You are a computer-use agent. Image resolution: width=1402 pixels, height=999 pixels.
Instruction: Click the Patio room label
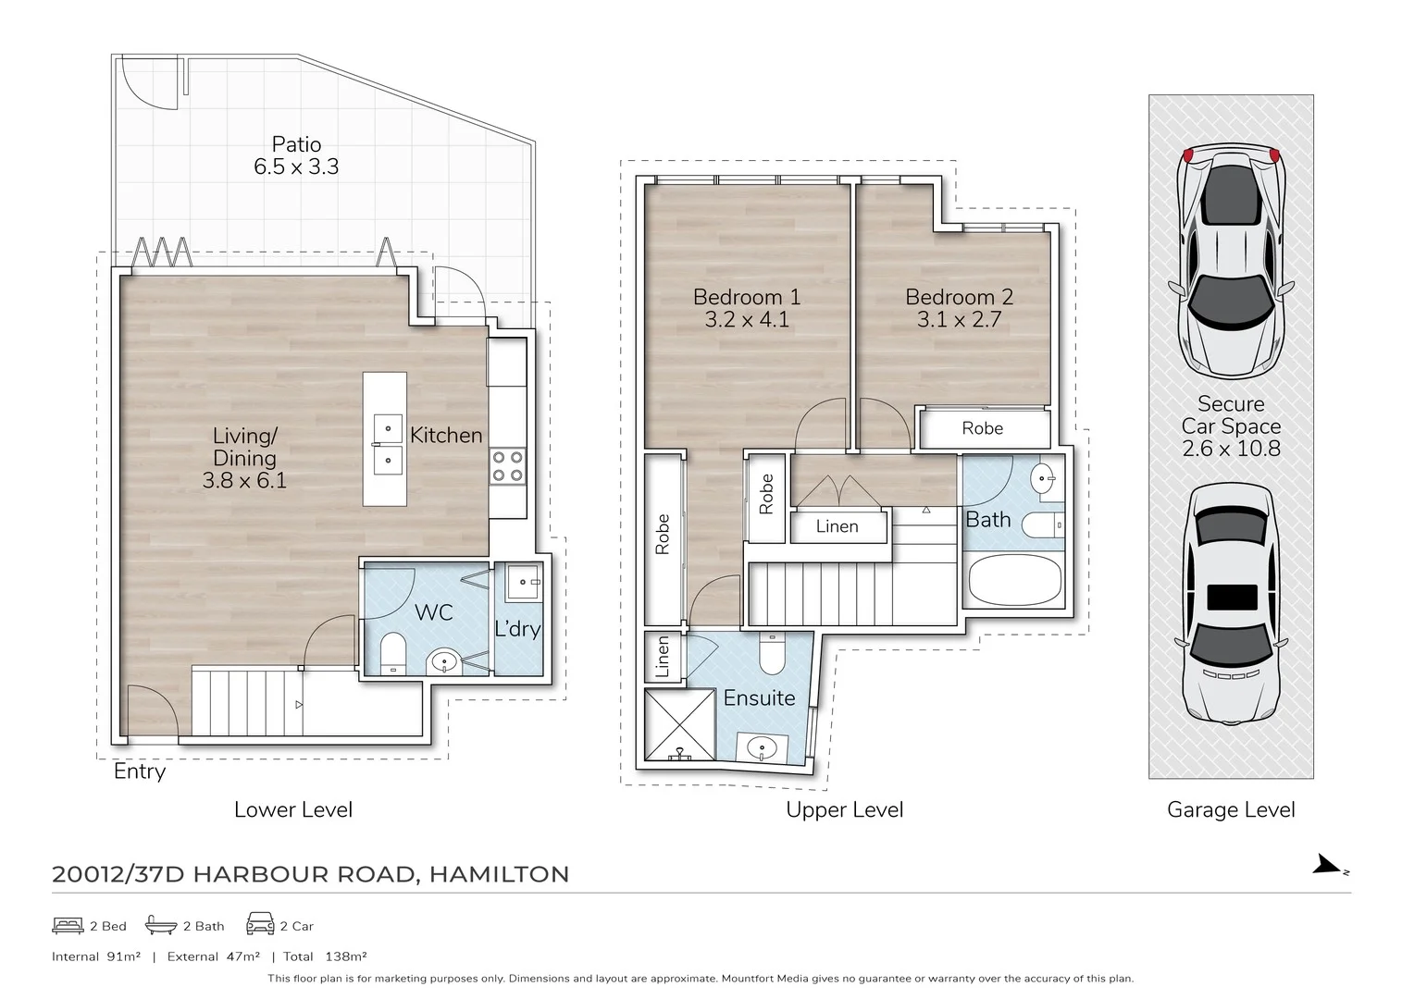296,144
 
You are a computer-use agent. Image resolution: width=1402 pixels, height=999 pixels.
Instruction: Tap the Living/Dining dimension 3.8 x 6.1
244,480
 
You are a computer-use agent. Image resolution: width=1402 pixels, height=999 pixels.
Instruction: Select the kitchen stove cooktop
507,466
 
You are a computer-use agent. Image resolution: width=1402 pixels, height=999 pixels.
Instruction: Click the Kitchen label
446,435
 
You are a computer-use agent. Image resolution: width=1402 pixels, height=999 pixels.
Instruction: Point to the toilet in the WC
392,651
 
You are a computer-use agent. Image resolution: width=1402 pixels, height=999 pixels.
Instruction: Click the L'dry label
517,629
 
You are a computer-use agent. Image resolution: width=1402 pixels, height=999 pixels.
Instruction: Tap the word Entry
140,771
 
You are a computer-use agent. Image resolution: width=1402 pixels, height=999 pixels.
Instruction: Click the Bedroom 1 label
747,297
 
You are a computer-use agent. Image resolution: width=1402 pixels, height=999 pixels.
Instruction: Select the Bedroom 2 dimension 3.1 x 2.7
959,320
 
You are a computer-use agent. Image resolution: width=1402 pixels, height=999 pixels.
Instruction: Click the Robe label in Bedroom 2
982,428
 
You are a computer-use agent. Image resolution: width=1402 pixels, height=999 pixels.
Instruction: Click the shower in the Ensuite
679,725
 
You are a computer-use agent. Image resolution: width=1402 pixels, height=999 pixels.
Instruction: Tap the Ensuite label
759,697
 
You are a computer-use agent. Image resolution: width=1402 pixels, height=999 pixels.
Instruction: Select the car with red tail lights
1231,259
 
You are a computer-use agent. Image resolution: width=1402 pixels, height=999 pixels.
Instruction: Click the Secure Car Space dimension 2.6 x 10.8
1231,449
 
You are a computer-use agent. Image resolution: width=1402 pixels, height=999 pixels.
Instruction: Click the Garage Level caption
1231,809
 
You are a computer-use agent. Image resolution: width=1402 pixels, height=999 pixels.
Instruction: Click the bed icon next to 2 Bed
68,925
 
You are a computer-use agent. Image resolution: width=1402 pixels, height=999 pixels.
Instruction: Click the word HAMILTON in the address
500,874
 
